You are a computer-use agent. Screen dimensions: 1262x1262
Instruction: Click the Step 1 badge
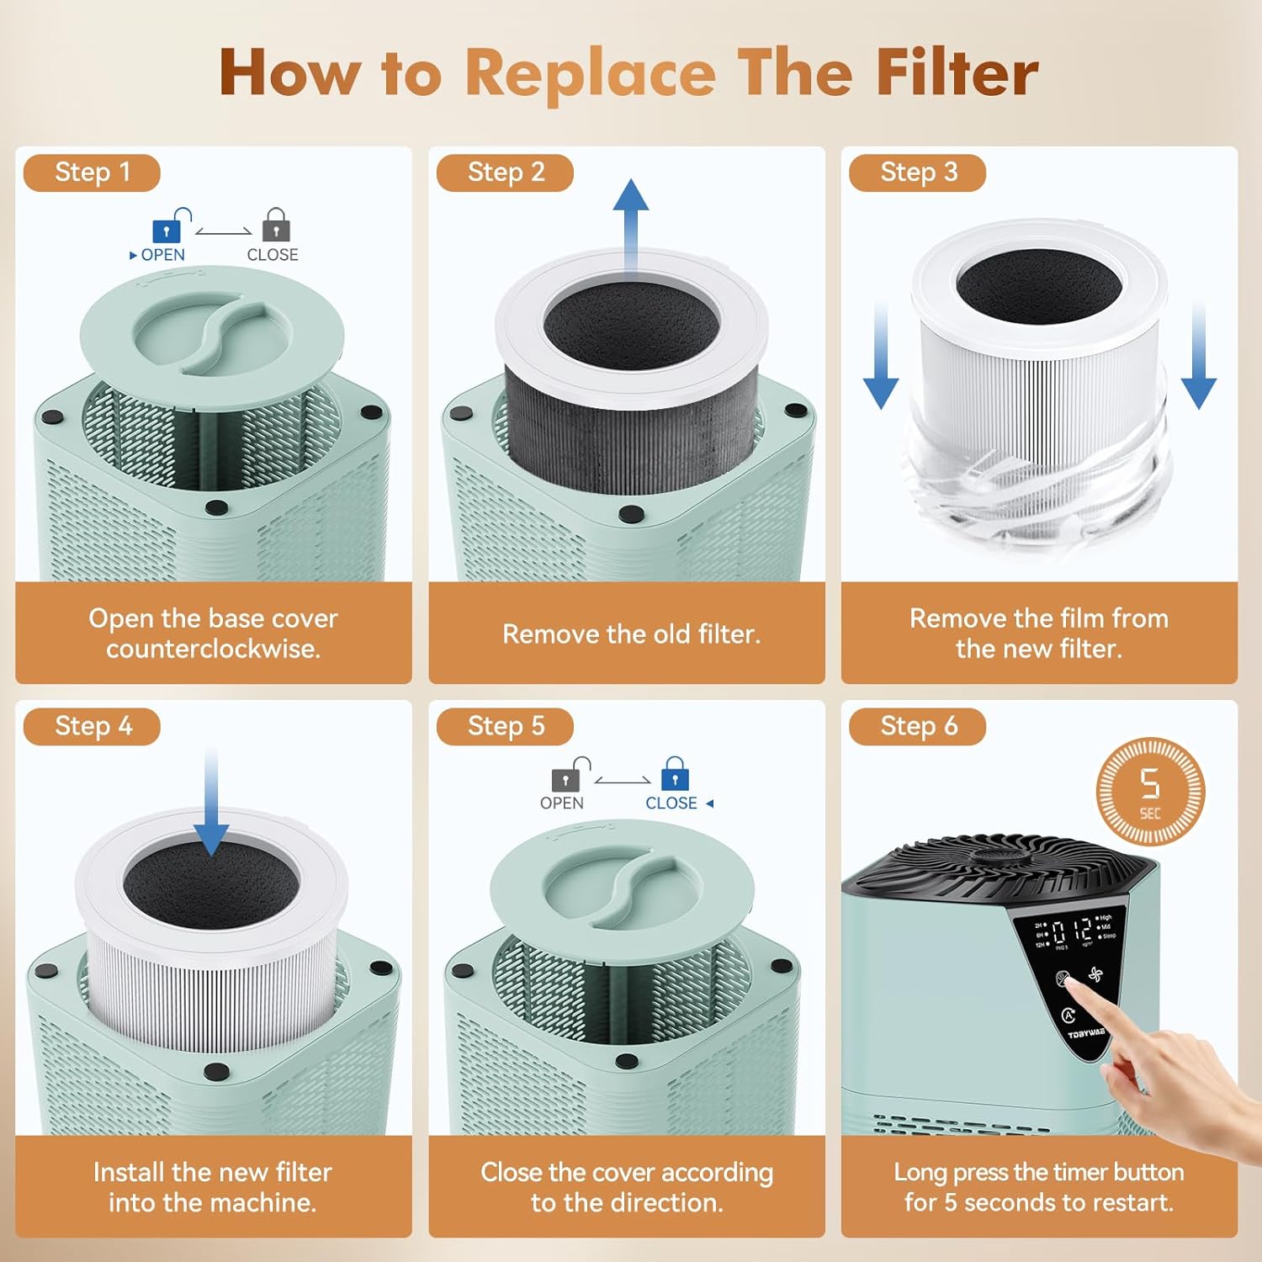(92, 172)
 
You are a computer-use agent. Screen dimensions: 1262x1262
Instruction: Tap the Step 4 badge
(92, 726)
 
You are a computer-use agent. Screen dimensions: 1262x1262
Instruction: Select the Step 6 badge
(917, 726)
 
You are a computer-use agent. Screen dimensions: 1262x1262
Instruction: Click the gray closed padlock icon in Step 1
(276, 226)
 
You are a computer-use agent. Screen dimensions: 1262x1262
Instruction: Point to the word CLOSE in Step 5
(671, 803)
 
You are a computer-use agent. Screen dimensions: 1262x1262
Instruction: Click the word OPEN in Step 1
(162, 255)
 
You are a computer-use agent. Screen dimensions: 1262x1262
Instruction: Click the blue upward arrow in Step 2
(631, 223)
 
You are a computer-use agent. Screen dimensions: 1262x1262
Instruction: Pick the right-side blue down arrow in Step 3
(1198, 358)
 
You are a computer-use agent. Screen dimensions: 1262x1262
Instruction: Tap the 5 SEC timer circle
(1150, 791)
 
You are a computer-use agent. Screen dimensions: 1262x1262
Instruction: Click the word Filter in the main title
(957, 72)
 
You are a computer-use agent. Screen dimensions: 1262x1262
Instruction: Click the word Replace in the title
(591, 74)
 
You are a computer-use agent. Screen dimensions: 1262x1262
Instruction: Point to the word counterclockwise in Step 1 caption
(213, 649)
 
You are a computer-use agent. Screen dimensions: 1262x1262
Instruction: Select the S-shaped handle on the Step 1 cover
(213, 332)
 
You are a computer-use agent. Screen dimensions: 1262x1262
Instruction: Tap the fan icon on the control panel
(1095, 975)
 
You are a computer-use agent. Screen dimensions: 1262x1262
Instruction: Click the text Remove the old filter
(631, 634)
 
